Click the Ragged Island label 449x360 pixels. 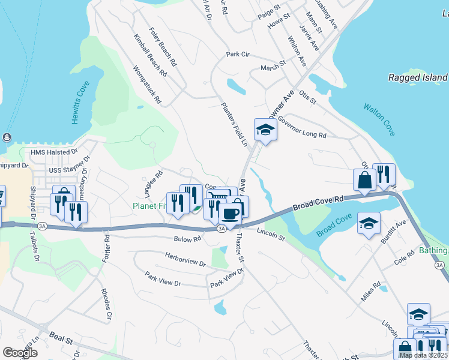pos(417,77)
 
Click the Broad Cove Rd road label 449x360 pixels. pos(319,203)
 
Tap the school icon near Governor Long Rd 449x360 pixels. pos(265,129)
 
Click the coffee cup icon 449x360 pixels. pos(231,213)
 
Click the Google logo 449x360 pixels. pos(20,352)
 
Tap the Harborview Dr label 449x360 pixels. pos(185,259)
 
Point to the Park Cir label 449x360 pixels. pos(237,55)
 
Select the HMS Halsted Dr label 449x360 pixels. pos(54,152)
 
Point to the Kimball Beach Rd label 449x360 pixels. pos(151,58)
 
